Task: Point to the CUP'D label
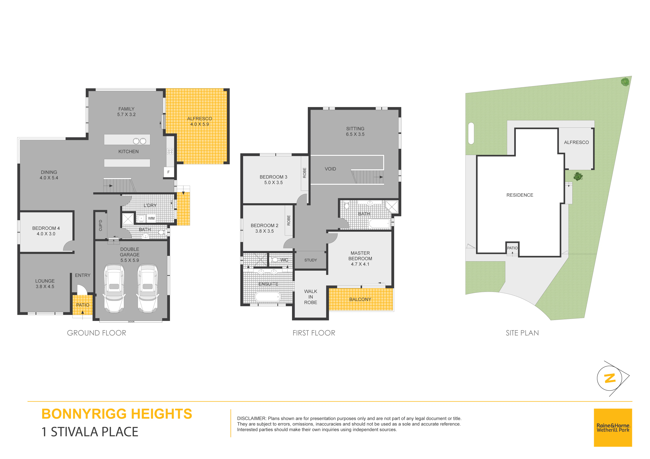pos(100,225)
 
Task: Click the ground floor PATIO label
pos(83,305)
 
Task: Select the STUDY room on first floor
pos(311,260)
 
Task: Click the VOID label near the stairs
pos(330,169)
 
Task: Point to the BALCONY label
pos(360,299)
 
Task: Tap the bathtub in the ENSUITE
pos(268,297)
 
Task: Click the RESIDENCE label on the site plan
pos(520,195)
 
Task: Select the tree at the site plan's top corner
pos(625,82)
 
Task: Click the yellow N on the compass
pos(610,378)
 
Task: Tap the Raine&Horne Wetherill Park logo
pos(613,428)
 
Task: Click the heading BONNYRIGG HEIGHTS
pos(117,414)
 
